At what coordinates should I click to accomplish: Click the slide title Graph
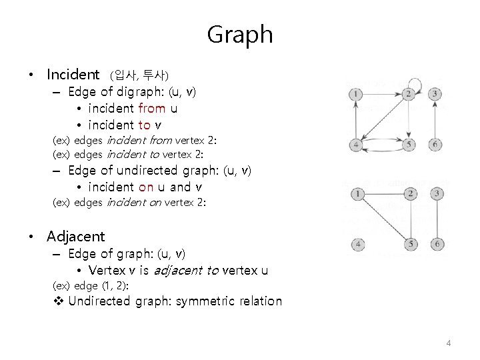click(240, 34)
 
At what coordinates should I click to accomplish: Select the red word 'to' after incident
click(144, 125)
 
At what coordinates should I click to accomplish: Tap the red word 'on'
click(147, 187)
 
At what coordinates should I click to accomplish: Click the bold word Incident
click(73, 73)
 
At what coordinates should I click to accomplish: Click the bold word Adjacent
click(76, 236)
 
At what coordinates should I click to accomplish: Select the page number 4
click(449, 343)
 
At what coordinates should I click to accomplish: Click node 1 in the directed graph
click(357, 94)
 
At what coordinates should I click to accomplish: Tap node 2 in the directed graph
click(409, 94)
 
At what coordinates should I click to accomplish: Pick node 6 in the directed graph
click(435, 145)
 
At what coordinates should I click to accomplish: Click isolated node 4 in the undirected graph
click(358, 245)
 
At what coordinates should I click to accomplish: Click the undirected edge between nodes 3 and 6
click(436, 219)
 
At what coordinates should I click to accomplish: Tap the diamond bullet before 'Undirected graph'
click(57, 301)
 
